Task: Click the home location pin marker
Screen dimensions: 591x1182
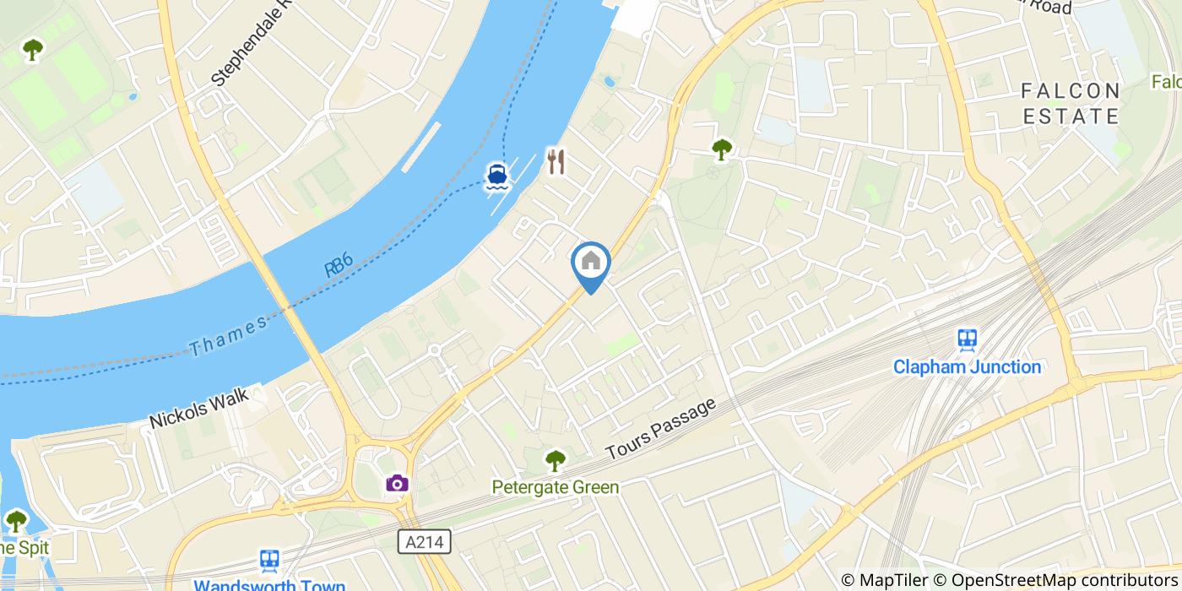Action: point(591,263)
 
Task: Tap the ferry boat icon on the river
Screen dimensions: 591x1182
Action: point(496,176)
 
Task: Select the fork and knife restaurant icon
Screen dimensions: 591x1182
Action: point(555,160)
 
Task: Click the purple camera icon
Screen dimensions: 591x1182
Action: point(397,483)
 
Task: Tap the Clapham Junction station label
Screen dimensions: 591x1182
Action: point(967,367)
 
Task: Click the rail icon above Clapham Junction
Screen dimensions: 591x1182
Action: point(968,339)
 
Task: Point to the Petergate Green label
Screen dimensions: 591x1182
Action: point(556,487)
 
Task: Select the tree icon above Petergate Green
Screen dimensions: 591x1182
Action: point(555,460)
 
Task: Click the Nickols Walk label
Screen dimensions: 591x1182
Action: point(199,408)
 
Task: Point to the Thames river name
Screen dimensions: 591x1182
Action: point(227,335)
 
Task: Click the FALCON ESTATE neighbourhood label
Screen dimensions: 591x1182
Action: point(1071,103)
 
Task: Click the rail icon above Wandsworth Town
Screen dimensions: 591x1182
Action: point(270,560)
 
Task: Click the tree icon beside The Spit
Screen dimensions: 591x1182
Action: point(16,520)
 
